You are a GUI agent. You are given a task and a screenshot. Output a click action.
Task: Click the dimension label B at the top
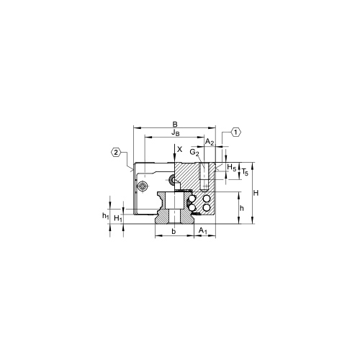coord(175,125)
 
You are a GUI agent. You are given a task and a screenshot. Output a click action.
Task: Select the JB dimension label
coord(175,132)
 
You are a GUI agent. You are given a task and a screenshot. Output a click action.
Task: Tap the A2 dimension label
coord(210,142)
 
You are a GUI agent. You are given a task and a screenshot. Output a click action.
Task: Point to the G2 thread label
coord(194,153)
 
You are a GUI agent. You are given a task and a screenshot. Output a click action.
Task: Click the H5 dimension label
coord(232,167)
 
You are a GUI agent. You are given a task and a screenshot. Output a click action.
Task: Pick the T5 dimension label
coord(245,172)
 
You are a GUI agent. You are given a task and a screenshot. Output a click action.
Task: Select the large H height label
coord(256,193)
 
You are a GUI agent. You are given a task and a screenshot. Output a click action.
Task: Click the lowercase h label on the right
coord(242,208)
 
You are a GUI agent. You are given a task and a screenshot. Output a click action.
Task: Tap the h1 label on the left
coord(106,216)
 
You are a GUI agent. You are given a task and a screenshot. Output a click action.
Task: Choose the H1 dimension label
coord(118,218)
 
